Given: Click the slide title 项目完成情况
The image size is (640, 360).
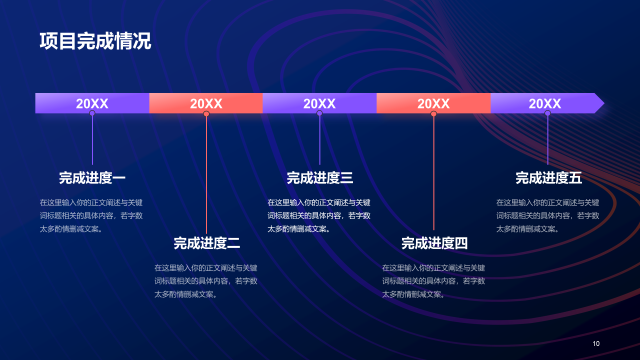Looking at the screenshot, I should [95, 41].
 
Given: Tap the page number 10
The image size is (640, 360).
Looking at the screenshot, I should [596, 343].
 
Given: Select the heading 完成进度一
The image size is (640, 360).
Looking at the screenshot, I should [92, 178].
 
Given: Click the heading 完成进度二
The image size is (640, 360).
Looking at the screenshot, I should [206, 243].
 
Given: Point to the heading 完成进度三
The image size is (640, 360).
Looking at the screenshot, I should [320, 178].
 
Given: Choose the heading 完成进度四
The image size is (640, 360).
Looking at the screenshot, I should [434, 243].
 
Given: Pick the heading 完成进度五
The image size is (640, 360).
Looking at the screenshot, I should [548, 178].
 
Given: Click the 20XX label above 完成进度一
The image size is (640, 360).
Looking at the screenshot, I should [92, 103].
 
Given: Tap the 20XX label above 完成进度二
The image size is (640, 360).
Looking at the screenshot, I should [206, 103].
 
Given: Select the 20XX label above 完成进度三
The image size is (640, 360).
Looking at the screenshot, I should [319, 103].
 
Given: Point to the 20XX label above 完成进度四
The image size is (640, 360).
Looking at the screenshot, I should [433, 103].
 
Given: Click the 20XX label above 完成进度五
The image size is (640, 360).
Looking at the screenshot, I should [545, 103].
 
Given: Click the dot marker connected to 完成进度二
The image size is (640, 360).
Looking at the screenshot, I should [206, 114].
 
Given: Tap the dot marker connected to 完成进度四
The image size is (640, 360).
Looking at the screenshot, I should [433, 114].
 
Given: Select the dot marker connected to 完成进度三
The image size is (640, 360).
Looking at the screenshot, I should [319, 113].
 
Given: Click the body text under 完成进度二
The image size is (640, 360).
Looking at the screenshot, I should [205, 281].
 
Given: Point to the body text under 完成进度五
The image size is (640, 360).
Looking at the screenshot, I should [547, 215].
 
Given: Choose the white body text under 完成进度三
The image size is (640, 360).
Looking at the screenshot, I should [319, 215].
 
